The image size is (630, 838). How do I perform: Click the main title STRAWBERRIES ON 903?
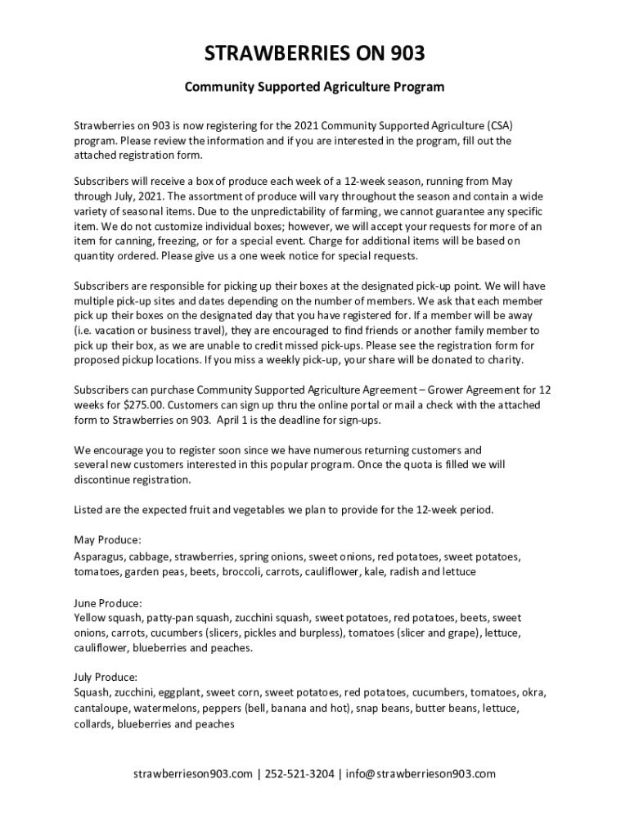[x=314, y=55]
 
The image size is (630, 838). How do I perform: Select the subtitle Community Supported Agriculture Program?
[x=314, y=86]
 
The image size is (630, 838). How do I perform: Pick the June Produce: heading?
[x=108, y=603]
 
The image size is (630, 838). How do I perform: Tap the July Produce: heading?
[x=106, y=678]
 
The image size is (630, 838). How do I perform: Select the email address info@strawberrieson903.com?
[x=421, y=774]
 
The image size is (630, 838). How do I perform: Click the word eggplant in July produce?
[x=179, y=692]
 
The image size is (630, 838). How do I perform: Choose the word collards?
[x=92, y=723]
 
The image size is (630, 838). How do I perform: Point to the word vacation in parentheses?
[x=112, y=331]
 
